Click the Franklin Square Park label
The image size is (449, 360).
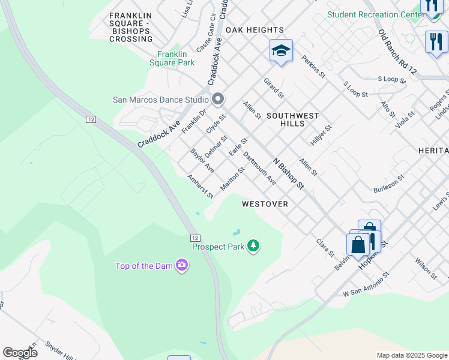pyautogui.click(x=172, y=58)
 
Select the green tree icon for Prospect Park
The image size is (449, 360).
pyautogui.click(x=254, y=246)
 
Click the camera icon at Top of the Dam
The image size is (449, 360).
pyautogui.click(x=181, y=265)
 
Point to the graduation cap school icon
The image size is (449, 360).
pyautogui.click(x=280, y=50)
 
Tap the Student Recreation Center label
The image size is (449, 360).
pyautogui.click(x=372, y=14)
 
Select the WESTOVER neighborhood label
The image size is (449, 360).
pyautogui.click(x=265, y=204)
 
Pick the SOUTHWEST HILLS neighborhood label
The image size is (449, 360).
pyautogui.click(x=292, y=119)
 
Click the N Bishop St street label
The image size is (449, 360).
pyautogui.click(x=289, y=173)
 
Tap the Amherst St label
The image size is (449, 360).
pyautogui.click(x=200, y=187)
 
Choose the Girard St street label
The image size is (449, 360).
pyautogui.click(x=273, y=88)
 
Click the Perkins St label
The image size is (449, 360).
pyautogui.click(x=313, y=67)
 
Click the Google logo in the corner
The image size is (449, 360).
pyautogui.click(x=20, y=353)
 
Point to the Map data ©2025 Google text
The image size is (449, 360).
pyautogui.click(x=411, y=355)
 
